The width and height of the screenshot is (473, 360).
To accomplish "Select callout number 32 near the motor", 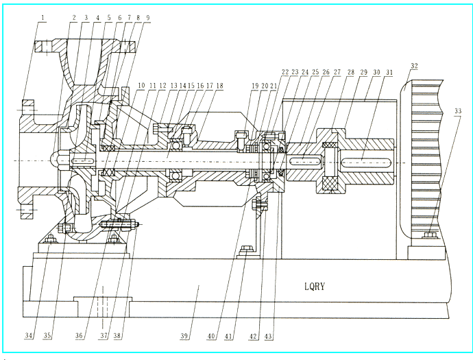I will tap(413, 67).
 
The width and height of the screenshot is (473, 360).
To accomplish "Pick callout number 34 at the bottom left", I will tap(29, 336).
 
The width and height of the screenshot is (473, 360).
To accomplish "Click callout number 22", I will tap(285, 71).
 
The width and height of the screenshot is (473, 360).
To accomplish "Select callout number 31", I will tap(389, 71).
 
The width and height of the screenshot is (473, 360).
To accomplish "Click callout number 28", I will tap(352, 71).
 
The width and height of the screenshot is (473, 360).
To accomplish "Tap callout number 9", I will tap(147, 18).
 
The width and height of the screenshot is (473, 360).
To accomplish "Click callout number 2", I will tap(73, 18).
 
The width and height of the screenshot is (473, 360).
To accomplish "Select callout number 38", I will tap(118, 336).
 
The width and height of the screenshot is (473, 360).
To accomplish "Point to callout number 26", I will tap(326, 71).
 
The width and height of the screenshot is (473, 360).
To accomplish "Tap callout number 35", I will tap(46, 336).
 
